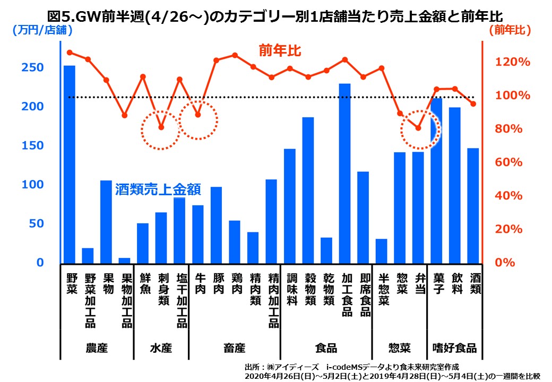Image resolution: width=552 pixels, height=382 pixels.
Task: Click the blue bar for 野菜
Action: tap(70, 164)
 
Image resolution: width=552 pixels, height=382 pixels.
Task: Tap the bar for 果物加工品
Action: tap(124, 260)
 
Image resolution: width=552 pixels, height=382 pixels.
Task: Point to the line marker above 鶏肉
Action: tap(235, 55)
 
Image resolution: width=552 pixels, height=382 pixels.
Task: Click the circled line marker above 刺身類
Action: tap(161, 127)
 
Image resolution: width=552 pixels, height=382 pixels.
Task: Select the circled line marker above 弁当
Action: tap(418, 128)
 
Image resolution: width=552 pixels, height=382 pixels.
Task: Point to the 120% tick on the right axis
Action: tap(513, 62)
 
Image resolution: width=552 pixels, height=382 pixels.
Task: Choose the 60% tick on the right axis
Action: tap(513, 162)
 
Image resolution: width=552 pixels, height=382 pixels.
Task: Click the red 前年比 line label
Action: tap(280, 51)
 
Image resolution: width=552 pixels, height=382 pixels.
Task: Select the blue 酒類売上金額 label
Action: tap(158, 189)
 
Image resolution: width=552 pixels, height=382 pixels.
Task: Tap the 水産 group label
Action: tap(161, 349)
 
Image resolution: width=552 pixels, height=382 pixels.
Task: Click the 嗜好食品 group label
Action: tap(454, 349)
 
